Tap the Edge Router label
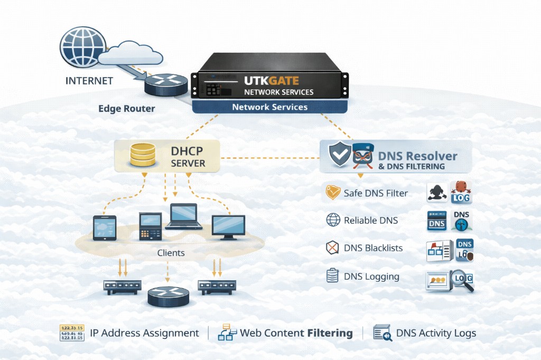tap(127, 109)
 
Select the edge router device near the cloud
tap(166, 84)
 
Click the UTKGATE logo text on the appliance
tap(271, 81)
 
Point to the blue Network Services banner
tap(269, 107)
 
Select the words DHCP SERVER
tap(188, 157)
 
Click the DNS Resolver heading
tap(417, 156)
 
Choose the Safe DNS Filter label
tap(376, 193)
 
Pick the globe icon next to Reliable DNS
tap(333, 220)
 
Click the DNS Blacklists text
tap(373, 248)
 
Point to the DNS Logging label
tap(371, 276)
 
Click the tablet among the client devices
tap(105, 228)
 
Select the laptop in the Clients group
tap(183, 216)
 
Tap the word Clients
tap(171, 253)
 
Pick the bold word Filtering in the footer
tap(330, 333)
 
